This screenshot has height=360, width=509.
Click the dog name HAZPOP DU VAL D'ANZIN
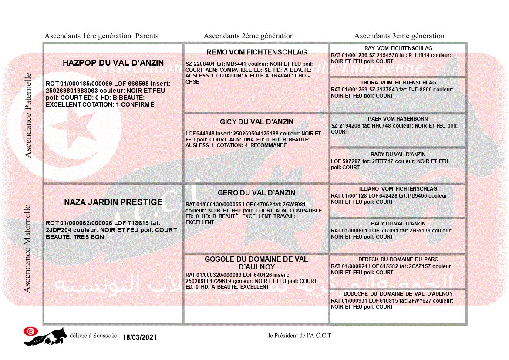113,63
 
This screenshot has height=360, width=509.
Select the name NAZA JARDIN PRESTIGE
113,202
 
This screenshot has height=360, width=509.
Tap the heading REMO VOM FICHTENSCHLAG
256,52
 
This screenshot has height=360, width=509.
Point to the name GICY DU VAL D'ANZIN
256,122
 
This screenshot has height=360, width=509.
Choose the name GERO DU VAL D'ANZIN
256,193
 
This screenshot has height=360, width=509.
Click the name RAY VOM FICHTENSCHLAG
398,48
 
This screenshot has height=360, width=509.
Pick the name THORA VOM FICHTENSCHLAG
398,83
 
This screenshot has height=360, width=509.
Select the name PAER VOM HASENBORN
398,119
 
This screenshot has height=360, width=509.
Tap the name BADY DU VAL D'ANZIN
398,155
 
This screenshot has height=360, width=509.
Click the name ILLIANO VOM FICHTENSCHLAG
398,189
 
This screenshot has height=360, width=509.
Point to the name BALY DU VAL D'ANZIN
398,224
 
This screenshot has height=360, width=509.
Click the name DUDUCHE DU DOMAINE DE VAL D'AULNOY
398,294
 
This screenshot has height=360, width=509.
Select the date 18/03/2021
139,337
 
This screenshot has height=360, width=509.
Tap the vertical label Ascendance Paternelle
28,115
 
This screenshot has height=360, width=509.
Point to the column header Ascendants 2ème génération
249,36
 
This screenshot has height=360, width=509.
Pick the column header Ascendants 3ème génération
399,36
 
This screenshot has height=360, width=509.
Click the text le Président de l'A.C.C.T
300,336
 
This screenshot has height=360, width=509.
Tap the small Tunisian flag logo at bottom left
30,331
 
